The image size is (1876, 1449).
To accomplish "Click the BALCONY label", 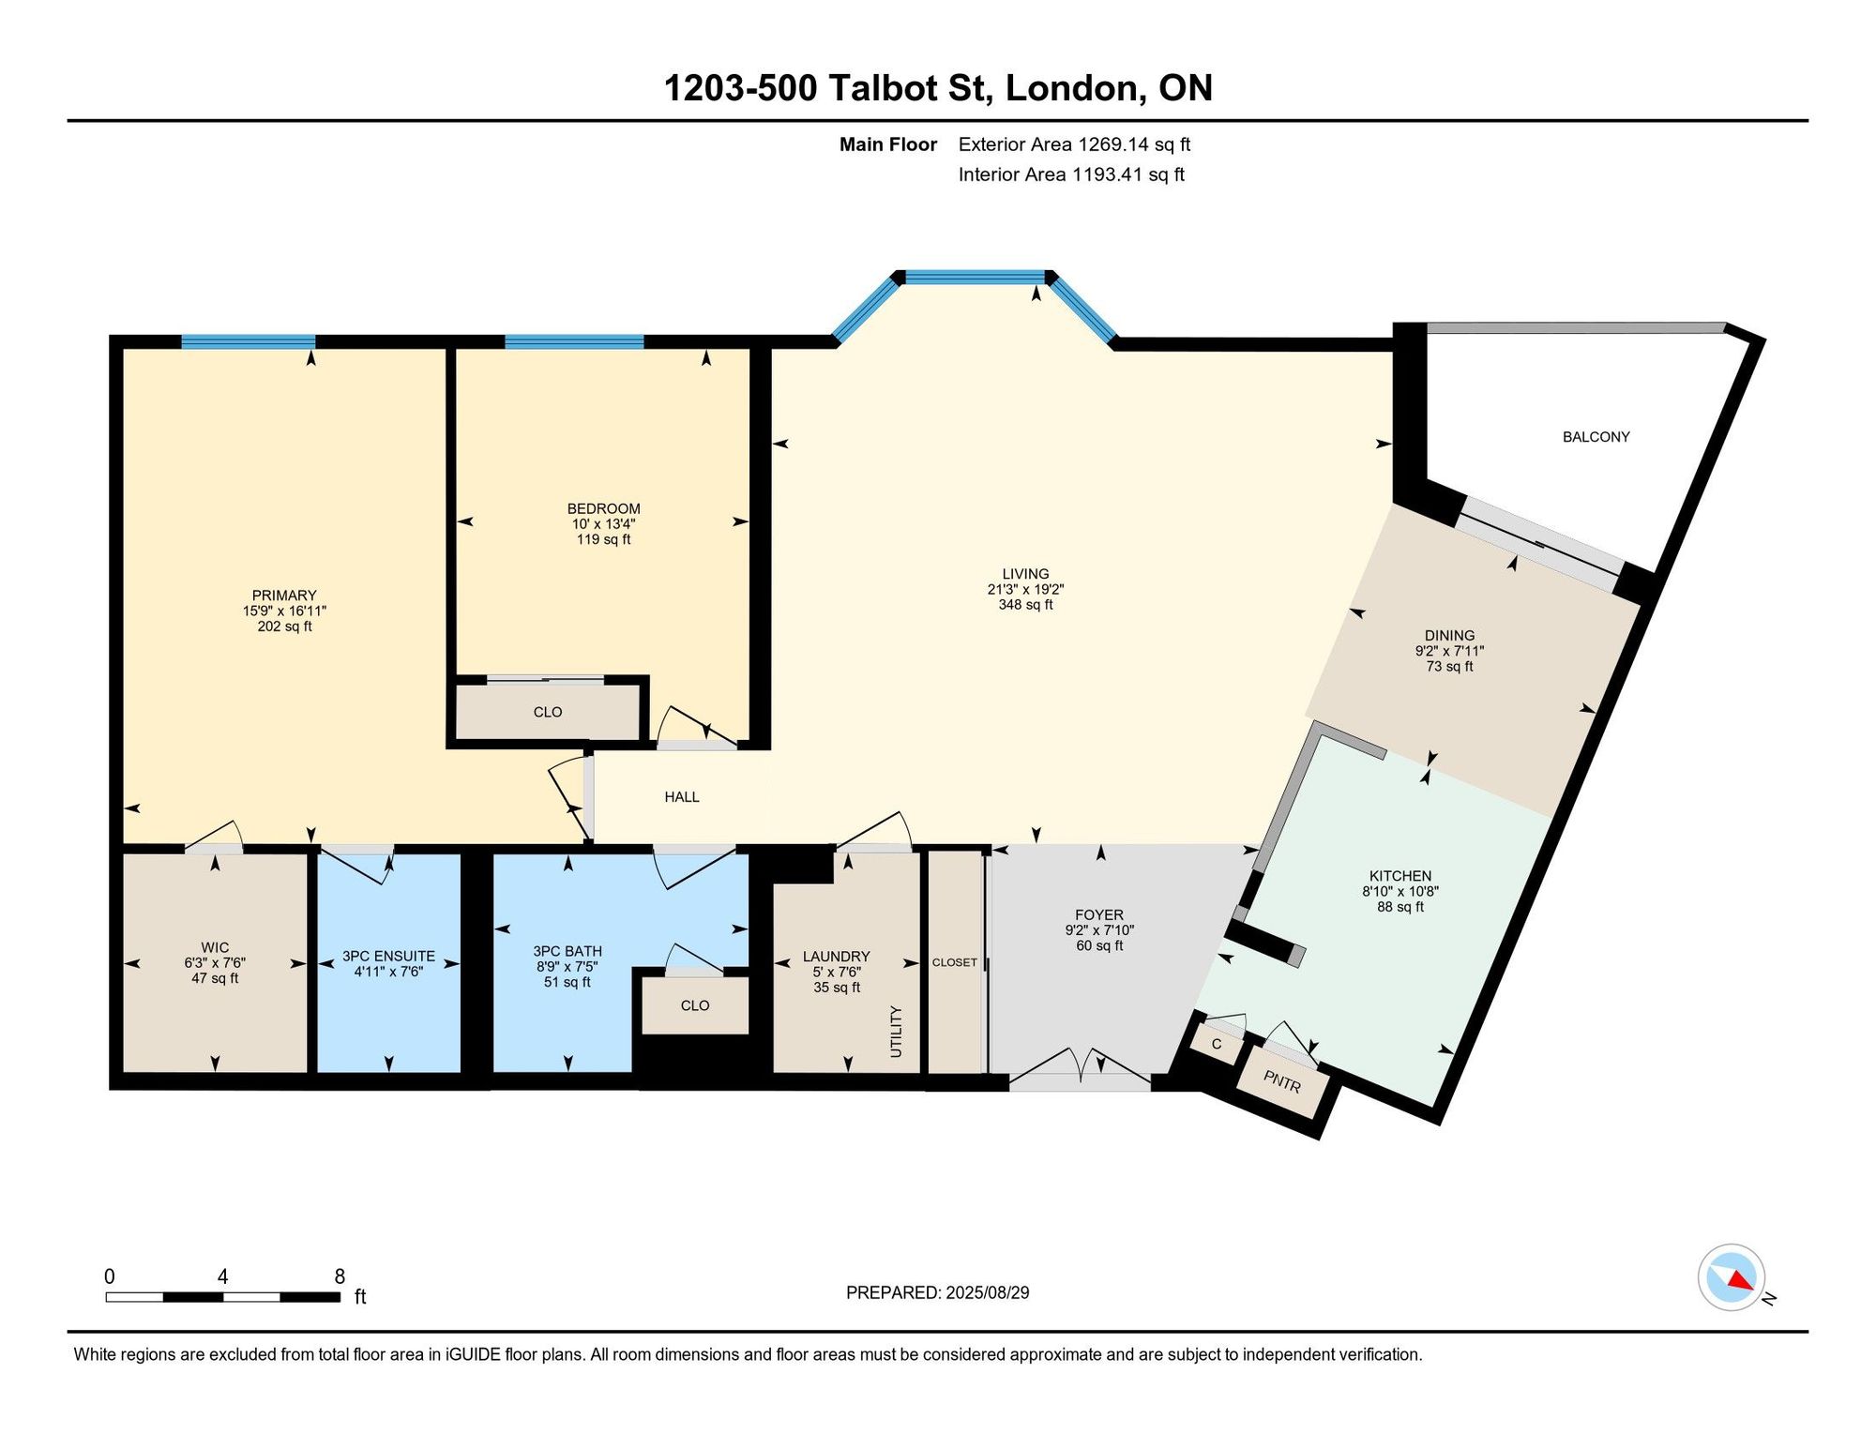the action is click(x=1596, y=437).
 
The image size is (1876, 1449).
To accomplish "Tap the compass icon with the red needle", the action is click(x=1732, y=1276).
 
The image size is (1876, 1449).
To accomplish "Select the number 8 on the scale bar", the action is click(x=340, y=1276).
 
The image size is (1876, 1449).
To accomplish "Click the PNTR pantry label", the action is click(x=1281, y=1081).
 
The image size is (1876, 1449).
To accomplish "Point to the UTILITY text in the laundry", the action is click(x=896, y=1032).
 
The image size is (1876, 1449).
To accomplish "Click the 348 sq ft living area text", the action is click(x=1025, y=605).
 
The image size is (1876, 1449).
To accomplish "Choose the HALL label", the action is click(x=682, y=797).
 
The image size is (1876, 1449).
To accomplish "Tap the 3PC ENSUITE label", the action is click(x=388, y=957).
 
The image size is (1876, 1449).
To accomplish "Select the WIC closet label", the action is click(x=215, y=947).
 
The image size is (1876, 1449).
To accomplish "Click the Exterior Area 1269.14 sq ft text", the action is click(x=1074, y=144).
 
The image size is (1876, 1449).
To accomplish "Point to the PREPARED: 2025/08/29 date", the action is click(x=937, y=1292).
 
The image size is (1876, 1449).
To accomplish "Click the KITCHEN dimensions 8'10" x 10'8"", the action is click(x=1400, y=892).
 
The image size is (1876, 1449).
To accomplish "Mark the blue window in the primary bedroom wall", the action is click(x=248, y=341).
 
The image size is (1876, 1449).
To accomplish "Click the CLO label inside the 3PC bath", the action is click(x=695, y=1005).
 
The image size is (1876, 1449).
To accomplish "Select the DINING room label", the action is click(x=1449, y=636).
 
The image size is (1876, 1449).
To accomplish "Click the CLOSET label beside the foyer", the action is click(x=955, y=962).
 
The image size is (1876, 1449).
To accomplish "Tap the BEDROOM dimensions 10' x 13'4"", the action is click(x=603, y=524).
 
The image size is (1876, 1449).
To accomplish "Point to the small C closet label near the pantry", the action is click(x=1217, y=1044).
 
